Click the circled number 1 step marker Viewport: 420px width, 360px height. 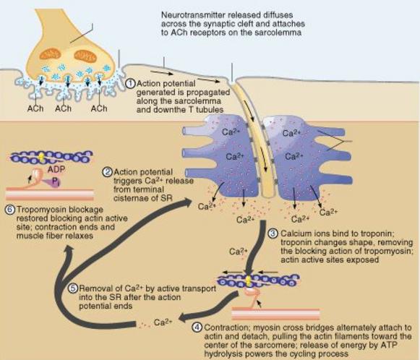(x=131, y=83)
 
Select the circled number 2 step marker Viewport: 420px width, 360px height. (x=108, y=172)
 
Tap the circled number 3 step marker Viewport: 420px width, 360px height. (x=273, y=233)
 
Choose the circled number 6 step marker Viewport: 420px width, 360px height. (x=9, y=209)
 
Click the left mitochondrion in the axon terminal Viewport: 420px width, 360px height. (x=51, y=54)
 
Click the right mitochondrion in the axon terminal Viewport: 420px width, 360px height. (x=85, y=56)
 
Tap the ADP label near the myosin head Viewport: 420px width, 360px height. (x=56, y=169)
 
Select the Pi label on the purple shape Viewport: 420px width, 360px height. (x=56, y=182)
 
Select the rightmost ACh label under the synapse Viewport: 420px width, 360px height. (x=99, y=108)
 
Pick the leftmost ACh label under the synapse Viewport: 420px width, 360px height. (x=35, y=108)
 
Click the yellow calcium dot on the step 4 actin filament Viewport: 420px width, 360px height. (x=249, y=280)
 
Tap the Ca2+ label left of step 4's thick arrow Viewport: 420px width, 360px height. (x=238, y=252)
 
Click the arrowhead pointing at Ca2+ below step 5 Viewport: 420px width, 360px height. (x=183, y=318)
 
